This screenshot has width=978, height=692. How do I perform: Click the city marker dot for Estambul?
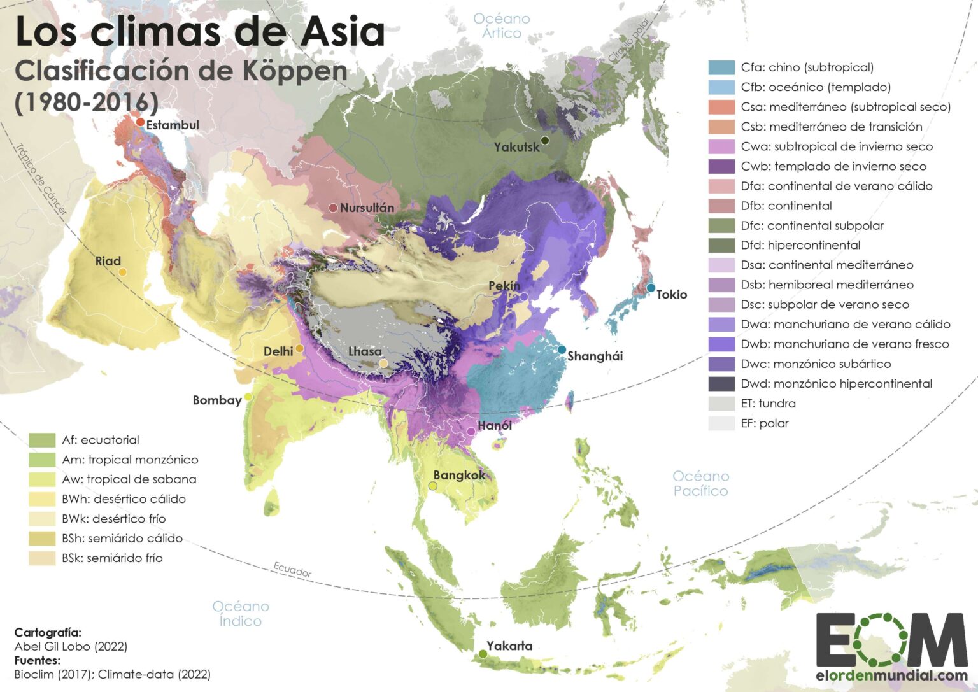coord(140,122)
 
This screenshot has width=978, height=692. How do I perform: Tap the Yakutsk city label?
coord(516,147)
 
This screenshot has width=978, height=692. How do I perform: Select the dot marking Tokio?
coord(651,288)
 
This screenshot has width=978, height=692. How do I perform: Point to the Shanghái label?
coord(595,356)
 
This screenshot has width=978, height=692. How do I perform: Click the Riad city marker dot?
coord(122,272)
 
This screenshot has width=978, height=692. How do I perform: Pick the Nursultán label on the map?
coord(367,208)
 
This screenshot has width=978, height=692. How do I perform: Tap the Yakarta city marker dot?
coord(483,654)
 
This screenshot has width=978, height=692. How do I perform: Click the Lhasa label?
coord(365,351)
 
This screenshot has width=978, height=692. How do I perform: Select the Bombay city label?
coord(217,400)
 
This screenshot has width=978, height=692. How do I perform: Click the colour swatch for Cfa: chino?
coord(721,67)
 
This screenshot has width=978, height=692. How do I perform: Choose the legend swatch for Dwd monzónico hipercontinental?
coord(721,384)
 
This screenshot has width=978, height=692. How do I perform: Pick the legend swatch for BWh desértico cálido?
coord(41,499)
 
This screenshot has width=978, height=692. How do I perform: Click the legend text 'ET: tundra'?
coord(768,404)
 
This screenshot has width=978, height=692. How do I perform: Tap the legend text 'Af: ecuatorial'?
coord(101,440)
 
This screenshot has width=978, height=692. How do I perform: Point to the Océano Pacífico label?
coord(700,483)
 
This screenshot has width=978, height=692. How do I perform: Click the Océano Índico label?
coord(241,614)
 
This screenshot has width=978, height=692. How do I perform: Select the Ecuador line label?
coord(292,570)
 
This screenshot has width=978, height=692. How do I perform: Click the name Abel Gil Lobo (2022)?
coord(71,647)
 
